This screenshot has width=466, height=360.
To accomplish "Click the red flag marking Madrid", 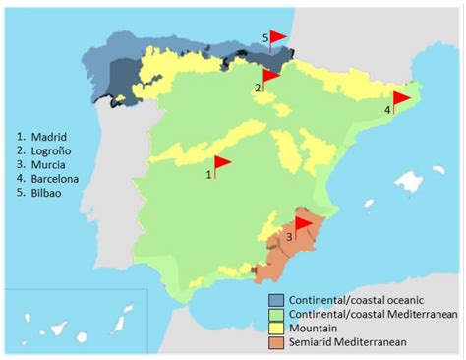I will point(221,162).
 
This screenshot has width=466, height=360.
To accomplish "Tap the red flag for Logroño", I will point(271,75).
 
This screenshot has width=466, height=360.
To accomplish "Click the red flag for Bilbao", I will point(279,36).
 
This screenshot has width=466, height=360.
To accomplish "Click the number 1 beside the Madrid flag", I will point(208,174).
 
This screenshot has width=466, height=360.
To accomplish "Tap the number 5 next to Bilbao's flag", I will point(265,37).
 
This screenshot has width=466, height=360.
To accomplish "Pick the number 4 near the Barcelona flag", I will point(387,110).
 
